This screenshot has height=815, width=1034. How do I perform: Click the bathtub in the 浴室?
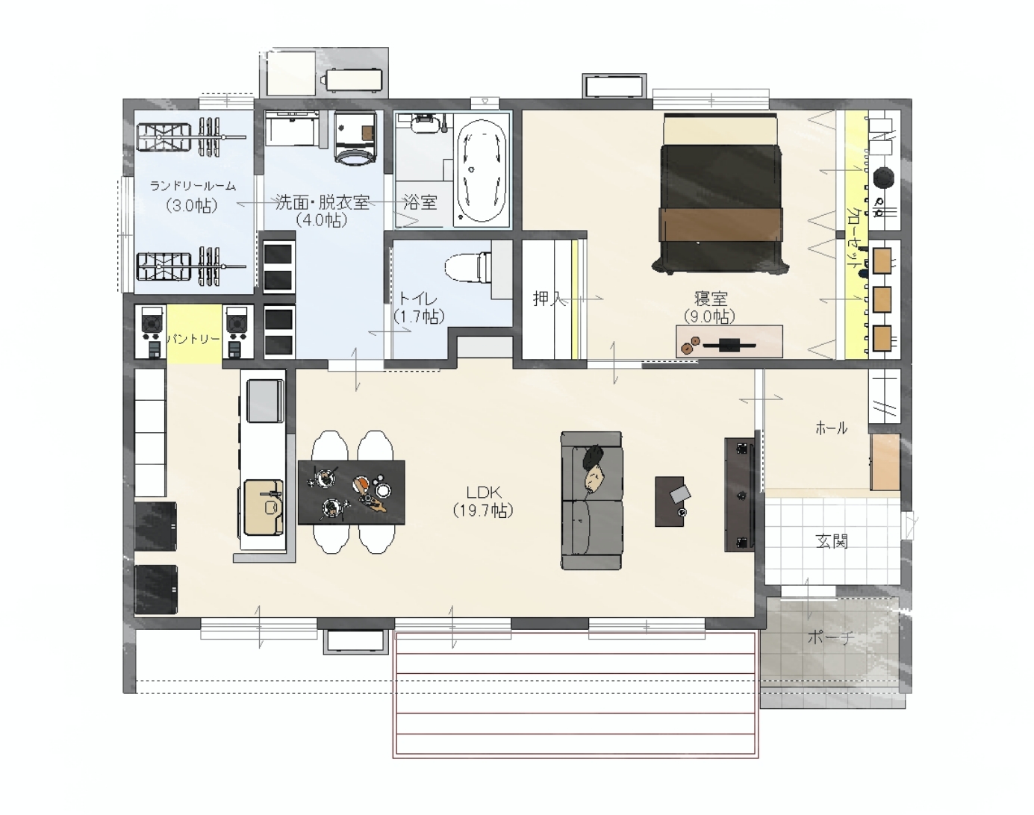click(x=482, y=170)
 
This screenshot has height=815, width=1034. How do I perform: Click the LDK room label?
click(x=483, y=493)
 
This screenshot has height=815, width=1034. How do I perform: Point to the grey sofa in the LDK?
click(x=591, y=501)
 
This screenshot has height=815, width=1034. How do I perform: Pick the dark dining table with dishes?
click(x=351, y=493)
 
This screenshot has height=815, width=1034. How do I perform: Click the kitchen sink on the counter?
click(x=264, y=508)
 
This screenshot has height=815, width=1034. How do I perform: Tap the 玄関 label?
click(x=832, y=541)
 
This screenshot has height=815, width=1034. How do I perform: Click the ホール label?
click(x=831, y=428)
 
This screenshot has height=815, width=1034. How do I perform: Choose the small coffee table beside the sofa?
click(x=670, y=502)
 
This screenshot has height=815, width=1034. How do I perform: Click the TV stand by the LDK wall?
click(x=739, y=494)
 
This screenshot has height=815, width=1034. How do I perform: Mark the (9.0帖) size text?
click(x=710, y=316)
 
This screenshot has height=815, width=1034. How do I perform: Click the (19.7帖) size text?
click(x=483, y=510)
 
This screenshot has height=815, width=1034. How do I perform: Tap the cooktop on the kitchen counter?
click(x=265, y=401)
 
